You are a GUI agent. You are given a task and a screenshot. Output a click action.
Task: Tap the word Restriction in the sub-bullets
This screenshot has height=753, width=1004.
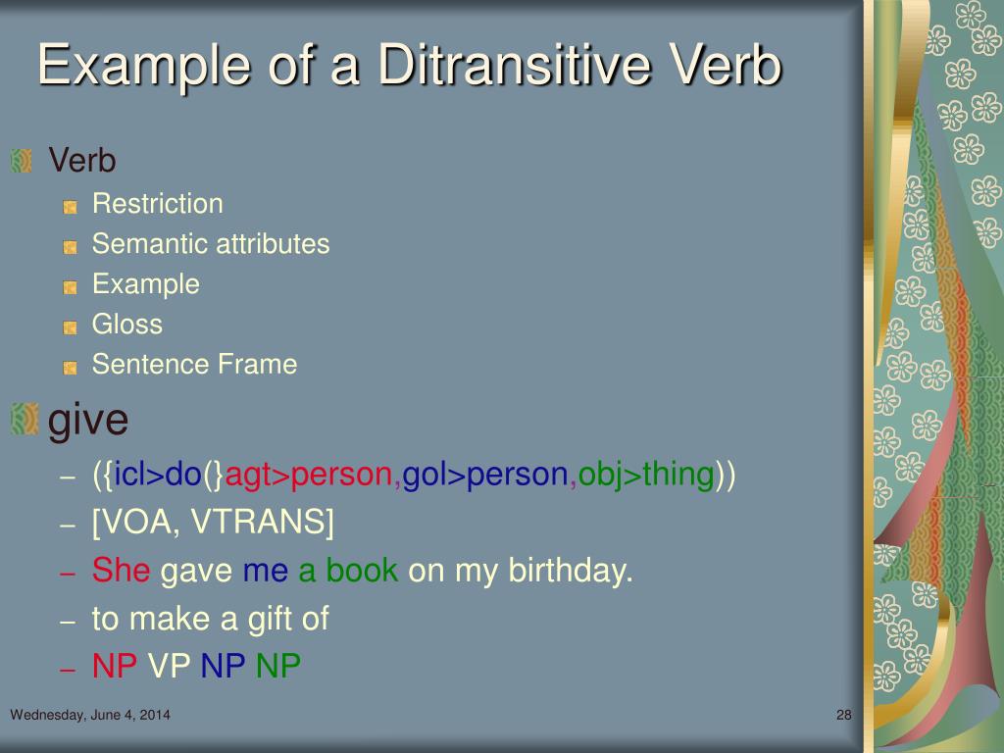(157, 204)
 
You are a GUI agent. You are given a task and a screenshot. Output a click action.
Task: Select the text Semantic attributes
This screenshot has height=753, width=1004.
(210, 244)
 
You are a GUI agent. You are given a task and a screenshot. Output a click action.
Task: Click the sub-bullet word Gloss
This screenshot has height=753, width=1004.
(126, 324)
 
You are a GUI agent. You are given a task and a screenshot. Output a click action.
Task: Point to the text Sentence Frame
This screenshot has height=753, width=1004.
(194, 365)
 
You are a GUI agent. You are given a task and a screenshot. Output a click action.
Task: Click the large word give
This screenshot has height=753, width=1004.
(88, 420)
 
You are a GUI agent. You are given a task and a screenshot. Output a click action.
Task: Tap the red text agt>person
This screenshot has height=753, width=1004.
(310, 476)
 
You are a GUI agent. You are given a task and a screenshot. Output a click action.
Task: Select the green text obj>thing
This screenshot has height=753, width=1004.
(645, 476)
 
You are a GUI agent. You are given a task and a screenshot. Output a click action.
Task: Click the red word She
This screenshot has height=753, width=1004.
(121, 571)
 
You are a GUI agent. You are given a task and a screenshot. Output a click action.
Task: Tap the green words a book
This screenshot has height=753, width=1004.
(348, 571)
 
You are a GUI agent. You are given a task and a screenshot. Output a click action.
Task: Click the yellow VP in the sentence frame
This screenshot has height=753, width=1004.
(170, 667)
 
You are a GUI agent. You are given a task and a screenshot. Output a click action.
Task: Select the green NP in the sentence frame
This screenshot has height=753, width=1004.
(277, 667)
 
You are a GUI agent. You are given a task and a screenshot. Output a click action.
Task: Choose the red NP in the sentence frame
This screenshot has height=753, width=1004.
(115, 667)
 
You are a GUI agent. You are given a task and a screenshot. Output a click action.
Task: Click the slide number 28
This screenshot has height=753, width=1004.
(843, 715)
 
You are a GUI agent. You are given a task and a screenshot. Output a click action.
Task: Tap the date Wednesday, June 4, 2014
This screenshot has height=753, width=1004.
(90, 715)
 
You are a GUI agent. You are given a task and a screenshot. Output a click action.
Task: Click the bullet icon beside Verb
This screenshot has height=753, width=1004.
(22, 159)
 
